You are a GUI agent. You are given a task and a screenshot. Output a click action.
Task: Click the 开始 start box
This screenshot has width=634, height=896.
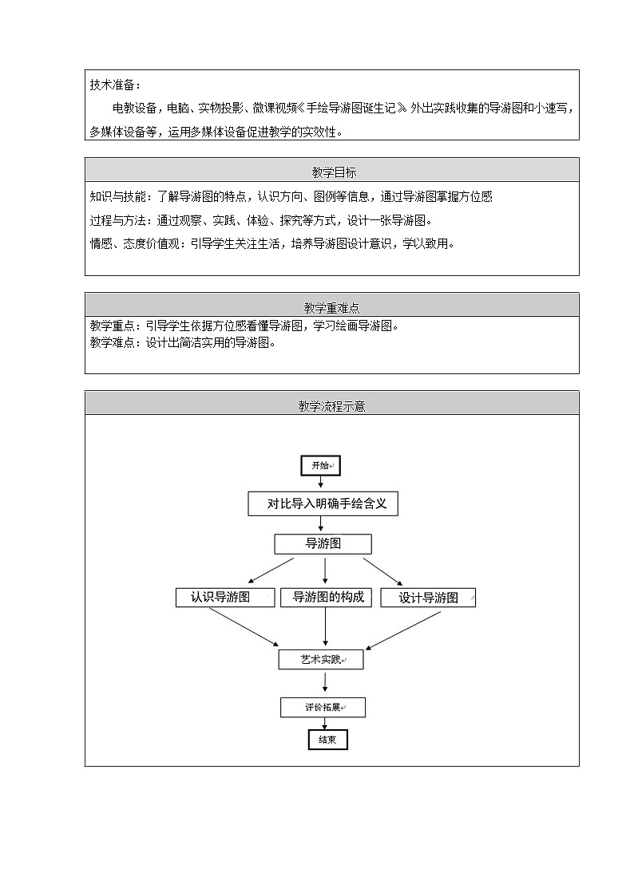[321, 465]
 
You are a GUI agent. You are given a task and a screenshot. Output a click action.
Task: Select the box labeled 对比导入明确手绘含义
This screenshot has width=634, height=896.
[323, 504]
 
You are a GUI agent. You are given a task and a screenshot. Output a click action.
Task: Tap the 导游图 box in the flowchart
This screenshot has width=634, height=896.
[323, 544]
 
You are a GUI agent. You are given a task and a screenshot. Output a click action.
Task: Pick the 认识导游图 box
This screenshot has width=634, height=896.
[220, 598]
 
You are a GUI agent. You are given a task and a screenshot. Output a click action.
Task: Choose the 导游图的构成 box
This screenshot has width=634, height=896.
[328, 598]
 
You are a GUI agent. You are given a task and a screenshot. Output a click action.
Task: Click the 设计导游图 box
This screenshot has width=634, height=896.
[428, 598]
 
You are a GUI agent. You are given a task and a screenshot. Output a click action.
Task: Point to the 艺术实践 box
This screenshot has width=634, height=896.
[321, 660]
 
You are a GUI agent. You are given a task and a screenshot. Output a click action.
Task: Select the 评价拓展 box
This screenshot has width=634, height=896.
[323, 707]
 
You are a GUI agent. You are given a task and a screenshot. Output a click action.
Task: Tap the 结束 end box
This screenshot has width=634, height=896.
[327, 740]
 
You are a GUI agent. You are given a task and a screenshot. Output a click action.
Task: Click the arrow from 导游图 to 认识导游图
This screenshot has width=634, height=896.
[271, 570]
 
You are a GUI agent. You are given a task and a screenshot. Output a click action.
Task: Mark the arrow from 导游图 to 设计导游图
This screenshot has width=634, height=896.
[382, 571]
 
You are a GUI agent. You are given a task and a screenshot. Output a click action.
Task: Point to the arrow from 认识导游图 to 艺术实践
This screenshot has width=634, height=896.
[244, 626]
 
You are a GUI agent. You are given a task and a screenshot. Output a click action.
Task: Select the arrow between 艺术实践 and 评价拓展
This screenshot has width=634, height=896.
[325, 682]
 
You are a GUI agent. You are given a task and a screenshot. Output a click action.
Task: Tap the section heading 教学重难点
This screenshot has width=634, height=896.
[331, 307]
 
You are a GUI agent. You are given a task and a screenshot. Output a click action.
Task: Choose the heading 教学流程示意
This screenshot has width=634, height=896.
[331, 406]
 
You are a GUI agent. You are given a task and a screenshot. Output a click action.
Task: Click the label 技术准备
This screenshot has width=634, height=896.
[115, 85]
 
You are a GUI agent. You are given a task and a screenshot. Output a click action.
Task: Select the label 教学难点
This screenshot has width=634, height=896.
[115, 343]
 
